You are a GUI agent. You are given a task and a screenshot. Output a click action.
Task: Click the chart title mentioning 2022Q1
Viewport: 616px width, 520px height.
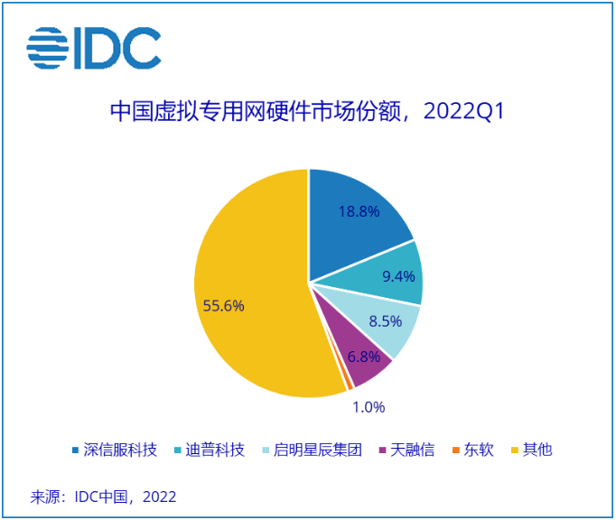tap(306, 112)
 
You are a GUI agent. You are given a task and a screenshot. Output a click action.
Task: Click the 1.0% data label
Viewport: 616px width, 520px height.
tap(369, 407)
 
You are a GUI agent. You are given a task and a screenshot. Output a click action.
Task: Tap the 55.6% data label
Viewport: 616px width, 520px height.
tap(223, 305)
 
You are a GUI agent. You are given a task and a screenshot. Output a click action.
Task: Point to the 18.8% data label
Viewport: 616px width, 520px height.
tap(359, 210)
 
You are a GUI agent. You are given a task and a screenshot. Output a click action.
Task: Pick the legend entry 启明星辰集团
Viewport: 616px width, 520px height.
tap(317, 450)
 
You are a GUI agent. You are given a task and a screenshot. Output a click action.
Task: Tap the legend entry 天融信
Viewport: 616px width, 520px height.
tap(412, 450)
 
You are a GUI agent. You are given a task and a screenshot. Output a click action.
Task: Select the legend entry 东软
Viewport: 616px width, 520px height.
tap(479, 450)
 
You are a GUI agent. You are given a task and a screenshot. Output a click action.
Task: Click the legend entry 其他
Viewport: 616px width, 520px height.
tap(537, 450)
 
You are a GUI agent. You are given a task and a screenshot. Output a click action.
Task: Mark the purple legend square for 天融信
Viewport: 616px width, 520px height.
tap(383, 450)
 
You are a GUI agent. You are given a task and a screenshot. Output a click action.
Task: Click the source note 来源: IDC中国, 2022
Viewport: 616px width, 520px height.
tap(103, 497)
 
